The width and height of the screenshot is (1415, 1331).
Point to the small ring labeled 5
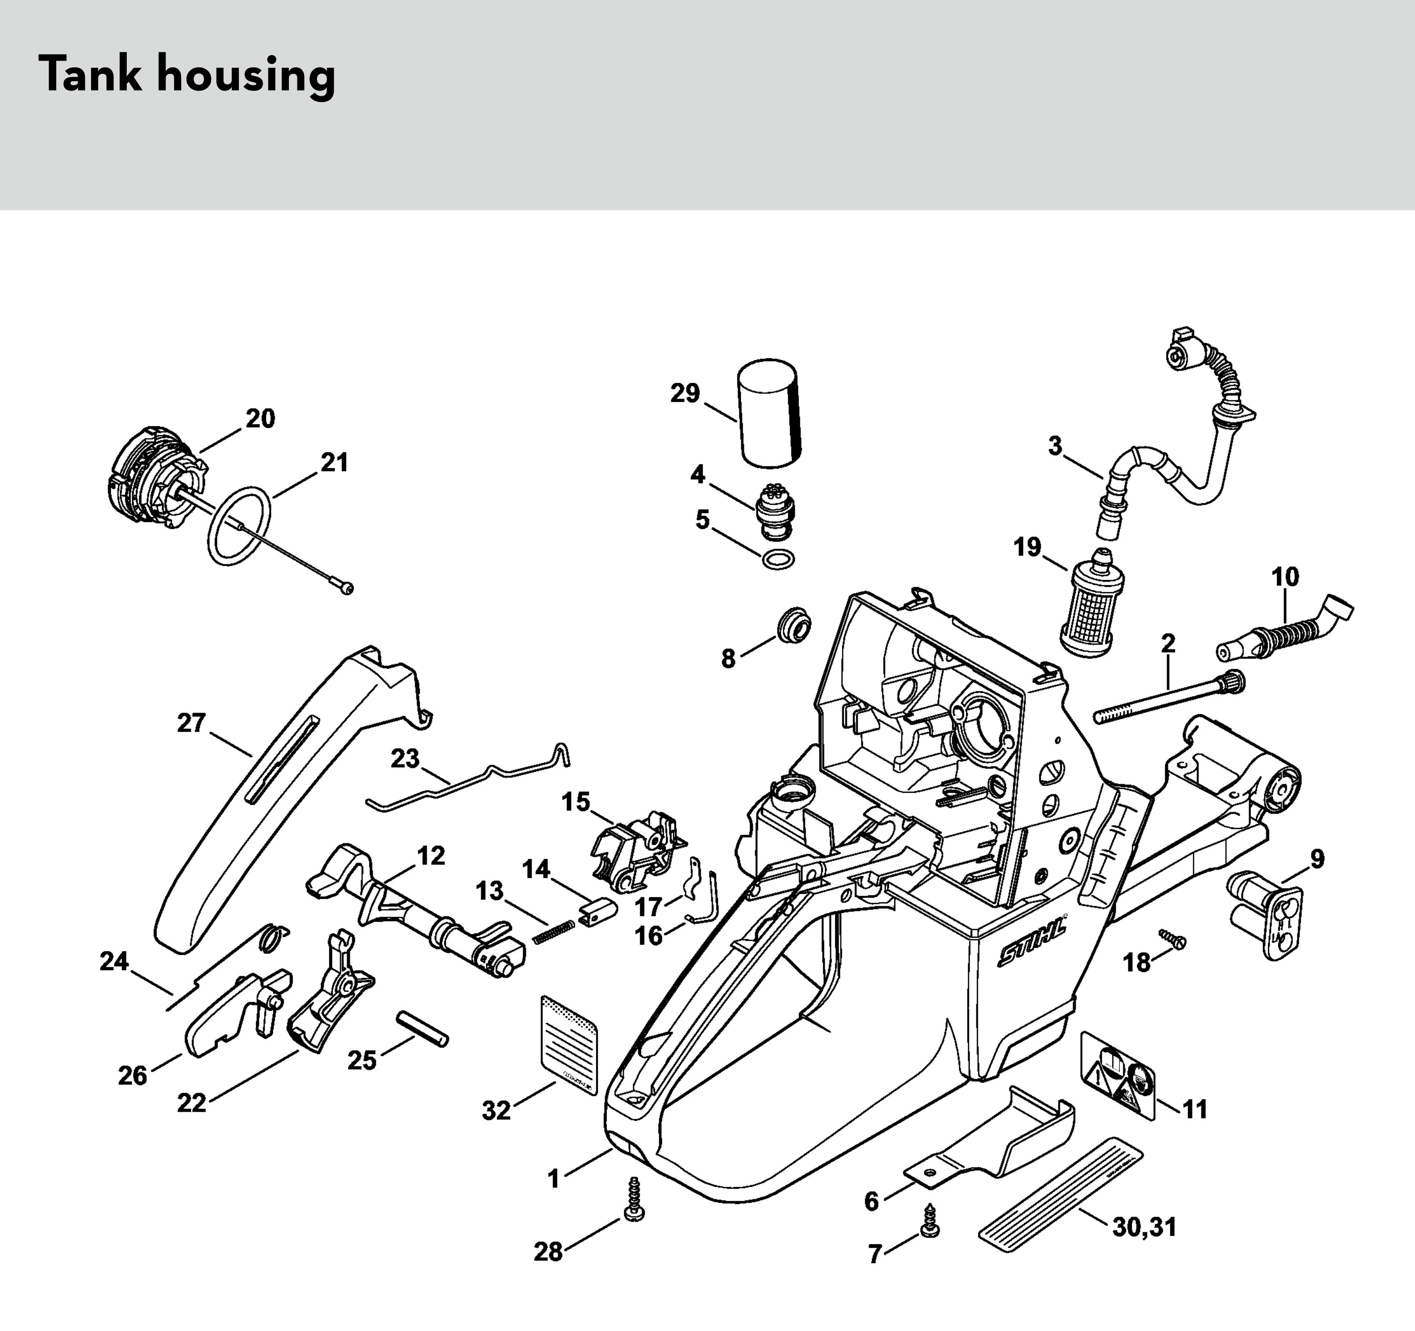[x=778, y=560]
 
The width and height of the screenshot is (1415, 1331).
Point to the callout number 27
[x=191, y=723]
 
